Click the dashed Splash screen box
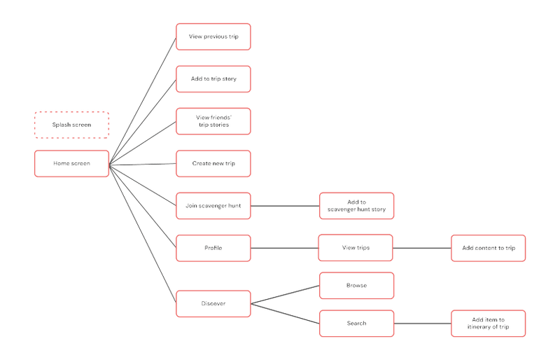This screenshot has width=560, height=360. [x=72, y=125]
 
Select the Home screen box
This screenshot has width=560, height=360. [x=72, y=163]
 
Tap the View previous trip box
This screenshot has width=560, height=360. [x=213, y=36]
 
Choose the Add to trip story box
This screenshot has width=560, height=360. [x=213, y=79]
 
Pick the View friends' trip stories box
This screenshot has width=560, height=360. [x=213, y=121]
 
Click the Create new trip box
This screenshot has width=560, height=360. [x=213, y=163]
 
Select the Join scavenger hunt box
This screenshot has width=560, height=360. [x=213, y=206]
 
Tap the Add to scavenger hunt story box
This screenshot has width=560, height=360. [x=357, y=206]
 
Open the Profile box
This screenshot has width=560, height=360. [x=213, y=248]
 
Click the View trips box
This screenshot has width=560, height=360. [x=356, y=248]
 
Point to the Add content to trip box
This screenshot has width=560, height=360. [x=489, y=248]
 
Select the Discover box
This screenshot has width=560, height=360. [x=213, y=303]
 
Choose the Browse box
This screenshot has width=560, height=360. [x=357, y=286]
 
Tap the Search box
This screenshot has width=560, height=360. [x=357, y=324]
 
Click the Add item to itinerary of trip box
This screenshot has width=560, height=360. [x=489, y=324]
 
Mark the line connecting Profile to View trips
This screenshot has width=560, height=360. [x=285, y=248]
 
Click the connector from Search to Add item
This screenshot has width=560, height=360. [x=423, y=324]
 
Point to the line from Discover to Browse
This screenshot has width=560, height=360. [x=286, y=295]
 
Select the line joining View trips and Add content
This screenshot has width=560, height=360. [x=422, y=248]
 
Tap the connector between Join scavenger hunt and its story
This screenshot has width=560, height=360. [x=285, y=206]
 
